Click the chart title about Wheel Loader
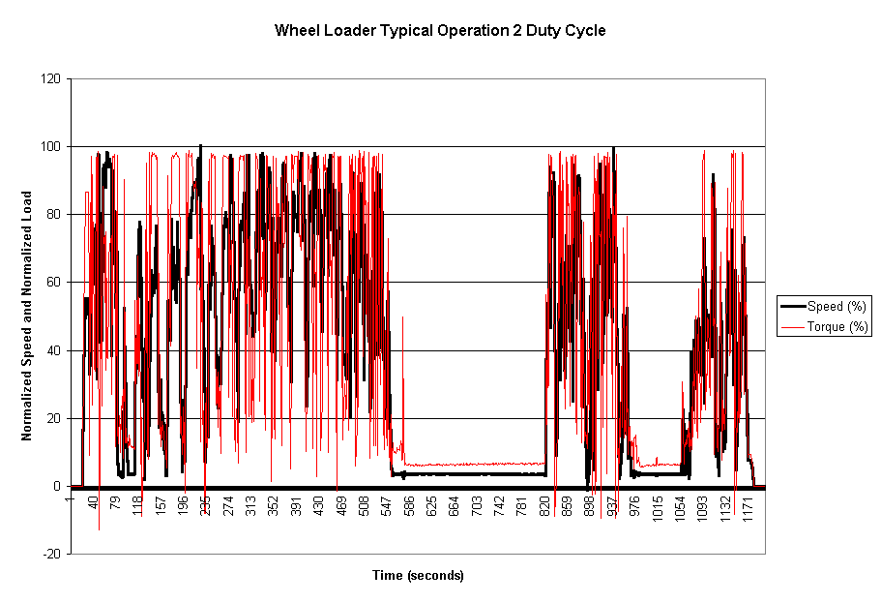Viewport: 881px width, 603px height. coord(440,30)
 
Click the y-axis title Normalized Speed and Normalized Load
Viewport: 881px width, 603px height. coord(27,316)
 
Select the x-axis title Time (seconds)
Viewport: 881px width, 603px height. coord(418,575)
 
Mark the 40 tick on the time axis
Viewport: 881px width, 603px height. coord(93,503)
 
